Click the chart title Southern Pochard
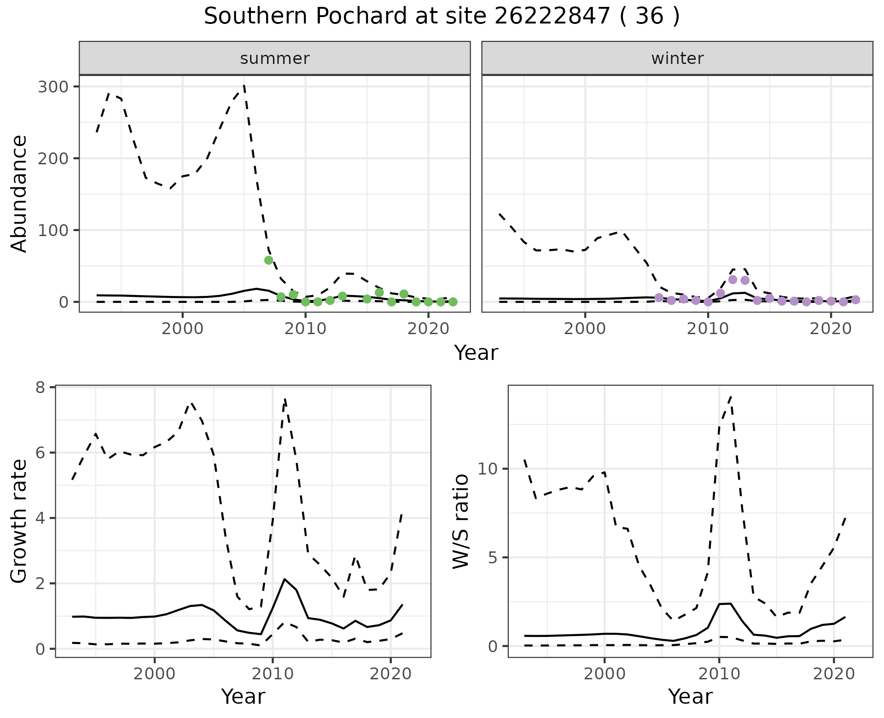[x=442, y=17]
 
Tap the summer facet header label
[x=275, y=58]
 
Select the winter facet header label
[x=677, y=58]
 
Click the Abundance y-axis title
[x=19, y=194]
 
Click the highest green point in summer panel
[x=269, y=260]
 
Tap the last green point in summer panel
[x=453, y=302]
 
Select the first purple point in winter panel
[x=659, y=298]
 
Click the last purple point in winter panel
[x=855, y=300]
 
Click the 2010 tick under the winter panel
[x=708, y=330]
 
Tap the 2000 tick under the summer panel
[x=182, y=330]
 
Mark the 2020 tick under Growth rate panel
[x=390, y=674]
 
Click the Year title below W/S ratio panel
[x=690, y=696]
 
